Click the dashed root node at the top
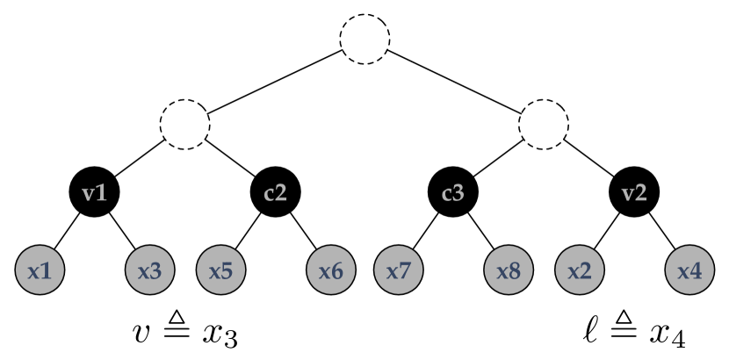pyautogui.click(x=364, y=40)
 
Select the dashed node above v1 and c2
pyautogui.click(x=184, y=123)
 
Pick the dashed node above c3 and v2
pyautogui.click(x=545, y=123)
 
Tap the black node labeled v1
pyautogui.click(x=95, y=192)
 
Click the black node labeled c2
pyautogui.click(x=275, y=192)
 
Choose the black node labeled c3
pyautogui.click(x=454, y=192)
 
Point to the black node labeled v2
pyautogui.click(x=634, y=192)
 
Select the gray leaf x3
pyautogui.click(x=150, y=270)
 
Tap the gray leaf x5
pyautogui.click(x=220, y=270)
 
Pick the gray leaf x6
pyautogui.click(x=330, y=270)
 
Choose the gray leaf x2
pyautogui.click(x=580, y=270)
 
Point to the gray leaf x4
pyautogui.click(x=689, y=270)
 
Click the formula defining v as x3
pyautogui.click(x=184, y=333)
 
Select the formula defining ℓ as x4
pyautogui.click(x=634, y=333)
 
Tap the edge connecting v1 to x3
pyautogui.click(x=122, y=231)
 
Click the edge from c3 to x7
pyautogui.click(x=427, y=231)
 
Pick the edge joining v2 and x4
pyautogui.click(x=661, y=231)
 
